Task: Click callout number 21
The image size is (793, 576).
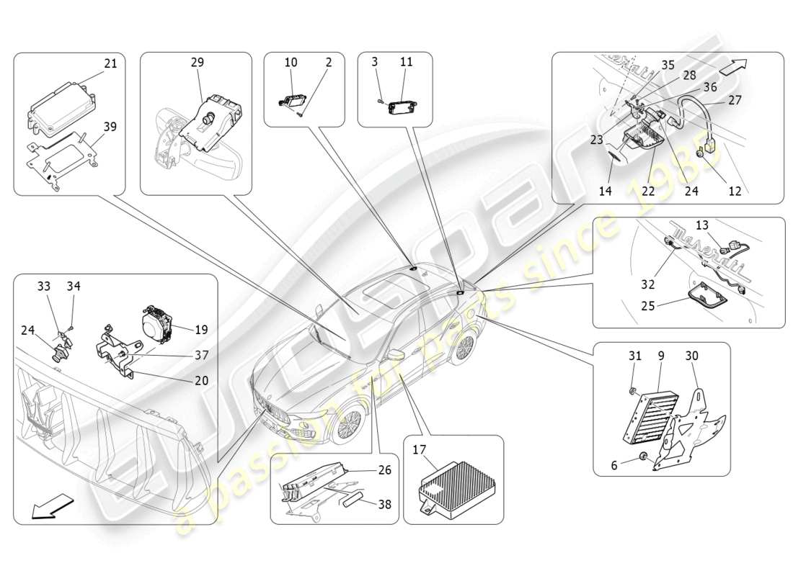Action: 110,64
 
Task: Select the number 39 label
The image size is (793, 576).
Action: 110,127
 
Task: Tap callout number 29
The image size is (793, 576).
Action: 197,63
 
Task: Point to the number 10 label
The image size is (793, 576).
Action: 291,63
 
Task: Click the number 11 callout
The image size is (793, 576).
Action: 407,63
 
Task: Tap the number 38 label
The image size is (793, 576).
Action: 386,504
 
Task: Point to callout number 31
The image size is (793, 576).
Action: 634,356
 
